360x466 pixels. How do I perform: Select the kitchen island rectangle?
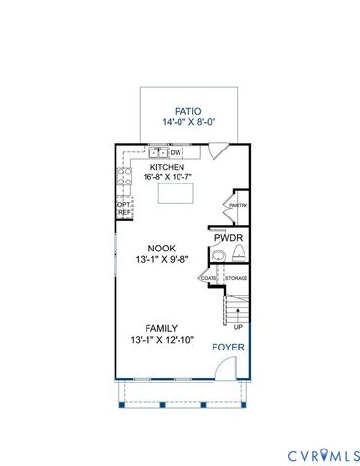[x=176, y=193]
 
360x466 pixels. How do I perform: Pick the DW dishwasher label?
[x=177, y=152]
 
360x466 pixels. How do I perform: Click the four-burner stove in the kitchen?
[x=124, y=177]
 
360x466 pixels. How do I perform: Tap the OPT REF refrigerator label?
[x=123, y=209]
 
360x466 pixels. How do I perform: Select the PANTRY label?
[x=237, y=205]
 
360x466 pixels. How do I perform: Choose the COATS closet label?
[x=209, y=279]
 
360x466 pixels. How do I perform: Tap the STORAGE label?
[x=236, y=279]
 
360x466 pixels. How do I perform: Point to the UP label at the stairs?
[x=237, y=327]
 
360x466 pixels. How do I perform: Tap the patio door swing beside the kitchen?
[x=219, y=152]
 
